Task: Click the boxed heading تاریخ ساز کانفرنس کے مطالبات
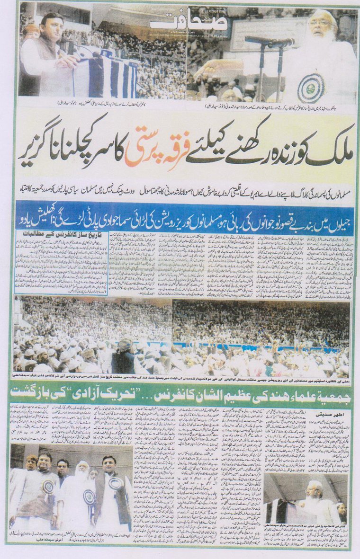54,233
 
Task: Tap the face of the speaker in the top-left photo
51,27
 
